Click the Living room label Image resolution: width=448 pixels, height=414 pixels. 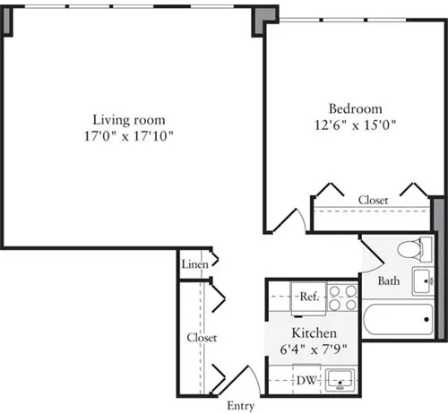pyautogui.click(x=133, y=120)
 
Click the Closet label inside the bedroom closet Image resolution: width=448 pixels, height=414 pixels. pyautogui.click(x=373, y=200)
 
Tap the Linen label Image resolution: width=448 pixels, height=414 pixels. pyautogui.click(x=194, y=264)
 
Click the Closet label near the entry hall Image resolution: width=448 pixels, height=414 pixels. pyautogui.click(x=202, y=338)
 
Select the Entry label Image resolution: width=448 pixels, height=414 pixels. pyautogui.click(x=240, y=405)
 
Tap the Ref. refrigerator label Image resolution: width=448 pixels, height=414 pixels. pyautogui.click(x=309, y=297)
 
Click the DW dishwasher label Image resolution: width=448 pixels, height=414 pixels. pyautogui.click(x=305, y=380)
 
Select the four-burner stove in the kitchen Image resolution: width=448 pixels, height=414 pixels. pyautogui.click(x=341, y=297)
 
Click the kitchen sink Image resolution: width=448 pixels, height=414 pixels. pyautogui.click(x=340, y=381)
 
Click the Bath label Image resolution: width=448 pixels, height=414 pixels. pyautogui.click(x=388, y=280)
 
